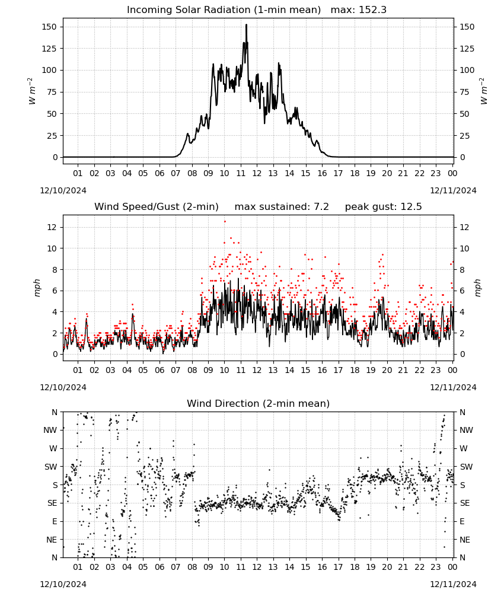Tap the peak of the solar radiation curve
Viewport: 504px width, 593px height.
pyautogui.click(x=246, y=25)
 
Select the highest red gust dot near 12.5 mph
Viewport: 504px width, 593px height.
pyautogui.click(x=225, y=222)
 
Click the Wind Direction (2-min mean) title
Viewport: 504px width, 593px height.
pyautogui.click(x=259, y=403)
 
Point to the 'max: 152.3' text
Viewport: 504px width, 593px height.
pyautogui.click(x=359, y=10)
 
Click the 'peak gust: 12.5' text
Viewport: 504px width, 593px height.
pyautogui.click(x=383, y=207)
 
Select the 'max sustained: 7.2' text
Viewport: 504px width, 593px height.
pyautogui.click(x=282, y=207)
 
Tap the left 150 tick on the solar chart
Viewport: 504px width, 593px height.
pyautogui.click(x=50, y=27)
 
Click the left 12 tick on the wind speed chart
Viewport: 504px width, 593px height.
pyautogui.click(x=52, y=227)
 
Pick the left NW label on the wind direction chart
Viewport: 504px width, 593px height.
pyautogui.click(x=50, y=431)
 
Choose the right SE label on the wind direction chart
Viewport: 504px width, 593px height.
pyautogui.click(x=465, y=503)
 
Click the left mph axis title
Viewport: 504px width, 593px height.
pyautogui.click(x=37, y=288)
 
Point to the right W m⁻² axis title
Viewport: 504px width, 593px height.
pyautogui.click(x=484, y=91)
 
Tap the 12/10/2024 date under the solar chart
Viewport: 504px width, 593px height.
pyautogui.click(x=63, y=190)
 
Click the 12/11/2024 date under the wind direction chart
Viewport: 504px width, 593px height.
pyautogui.click(x=453, y=584)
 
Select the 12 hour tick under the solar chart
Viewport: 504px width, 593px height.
pyautogui.click(x=257, y=174)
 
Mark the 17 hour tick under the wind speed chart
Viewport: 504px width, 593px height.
pyautogui.click(x=338, y=371)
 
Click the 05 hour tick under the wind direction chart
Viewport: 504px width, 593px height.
pyautogui.click(x=143, y=568)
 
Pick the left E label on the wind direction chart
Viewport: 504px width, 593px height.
pyautogui.click(x=55, y=521)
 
